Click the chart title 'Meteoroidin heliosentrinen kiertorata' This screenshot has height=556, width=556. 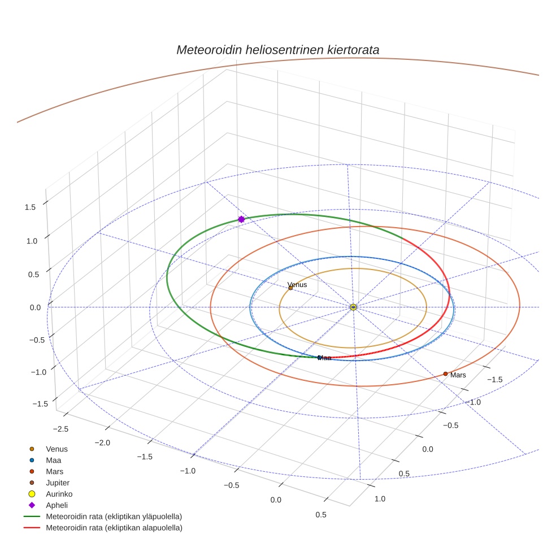(277, 50)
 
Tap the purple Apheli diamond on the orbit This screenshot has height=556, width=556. (241, 219)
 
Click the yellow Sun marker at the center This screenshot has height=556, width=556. (353, 307)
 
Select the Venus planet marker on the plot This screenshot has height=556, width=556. (290, 288)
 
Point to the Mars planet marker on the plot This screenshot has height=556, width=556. (445, 373)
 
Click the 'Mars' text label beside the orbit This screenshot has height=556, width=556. (458, 375)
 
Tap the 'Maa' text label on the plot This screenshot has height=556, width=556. (324, 358)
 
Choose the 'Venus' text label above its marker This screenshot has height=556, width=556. (297, 285)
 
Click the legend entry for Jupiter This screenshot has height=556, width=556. (58, 483)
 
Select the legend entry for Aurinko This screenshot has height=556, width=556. (59, 494)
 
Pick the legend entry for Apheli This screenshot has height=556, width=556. (57, 505)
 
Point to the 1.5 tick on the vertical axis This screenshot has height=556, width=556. (30, 207)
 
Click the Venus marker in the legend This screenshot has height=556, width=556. (32, 449)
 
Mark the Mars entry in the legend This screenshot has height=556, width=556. (54, 471)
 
